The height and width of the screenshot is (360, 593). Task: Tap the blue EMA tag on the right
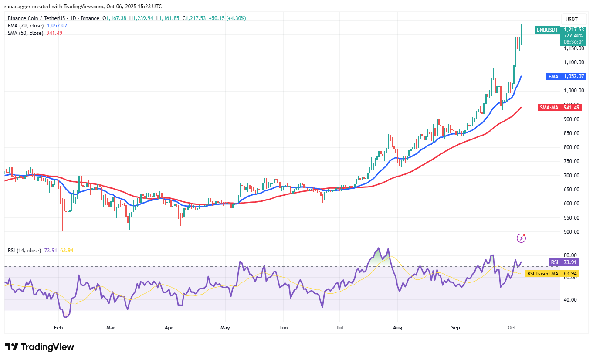point(553,76)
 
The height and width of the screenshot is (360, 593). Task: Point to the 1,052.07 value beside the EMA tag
point(574,76)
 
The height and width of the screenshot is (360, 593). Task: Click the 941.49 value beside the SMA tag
point(573,108)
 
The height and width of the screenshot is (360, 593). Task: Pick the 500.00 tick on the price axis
point(571,232)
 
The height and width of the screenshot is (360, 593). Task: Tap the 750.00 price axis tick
point(571,161)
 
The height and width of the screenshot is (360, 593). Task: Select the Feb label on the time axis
point(58,327)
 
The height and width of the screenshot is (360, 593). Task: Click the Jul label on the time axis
point(338,327)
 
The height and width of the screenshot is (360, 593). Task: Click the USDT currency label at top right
point(572,19)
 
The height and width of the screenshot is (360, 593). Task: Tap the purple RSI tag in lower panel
point(554,262)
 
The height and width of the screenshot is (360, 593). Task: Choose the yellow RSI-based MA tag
point(542,274)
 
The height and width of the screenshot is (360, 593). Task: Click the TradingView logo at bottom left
point(40,347)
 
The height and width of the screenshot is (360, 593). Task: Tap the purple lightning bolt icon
point(521,238)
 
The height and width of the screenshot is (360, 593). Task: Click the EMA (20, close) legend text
point(25,26)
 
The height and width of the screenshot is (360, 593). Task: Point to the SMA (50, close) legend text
point(25,33)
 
